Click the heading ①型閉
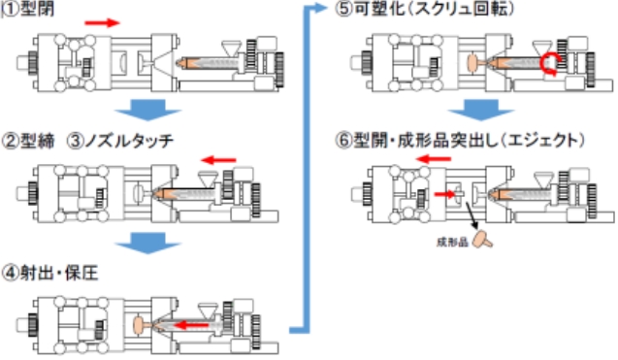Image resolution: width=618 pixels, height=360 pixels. tap(28, 9)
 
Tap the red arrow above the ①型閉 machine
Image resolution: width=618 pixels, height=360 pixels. tap(102, 23)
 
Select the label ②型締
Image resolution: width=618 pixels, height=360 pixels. tap(28, 141)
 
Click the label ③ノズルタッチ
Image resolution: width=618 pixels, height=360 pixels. tap(120, 141)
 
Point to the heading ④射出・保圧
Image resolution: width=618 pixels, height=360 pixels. tap(50, 273)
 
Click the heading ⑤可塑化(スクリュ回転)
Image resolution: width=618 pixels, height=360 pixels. tap(425, 9)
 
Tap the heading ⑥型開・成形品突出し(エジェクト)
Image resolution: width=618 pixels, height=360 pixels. tap(460, 140)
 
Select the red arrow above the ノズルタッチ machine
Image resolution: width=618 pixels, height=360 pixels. tap(218, 160)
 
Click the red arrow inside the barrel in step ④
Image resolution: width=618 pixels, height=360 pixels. tap(191, 325)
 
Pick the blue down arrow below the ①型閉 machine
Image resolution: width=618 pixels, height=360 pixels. tap(148, 110)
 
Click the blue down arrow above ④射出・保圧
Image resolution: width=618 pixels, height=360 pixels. tap(148, 244)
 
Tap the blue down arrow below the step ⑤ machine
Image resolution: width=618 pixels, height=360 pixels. tap(481, 110)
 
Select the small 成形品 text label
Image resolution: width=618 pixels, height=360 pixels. tap(452, 243)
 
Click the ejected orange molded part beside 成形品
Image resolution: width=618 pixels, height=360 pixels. tap(483, 239)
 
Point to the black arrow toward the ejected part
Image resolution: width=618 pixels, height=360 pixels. tap(472, 215)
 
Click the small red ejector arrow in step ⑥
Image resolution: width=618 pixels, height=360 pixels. tap(444, 194)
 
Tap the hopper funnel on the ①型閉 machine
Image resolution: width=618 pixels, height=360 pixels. tap(231, 49)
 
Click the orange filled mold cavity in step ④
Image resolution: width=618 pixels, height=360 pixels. tap(141, 325)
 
